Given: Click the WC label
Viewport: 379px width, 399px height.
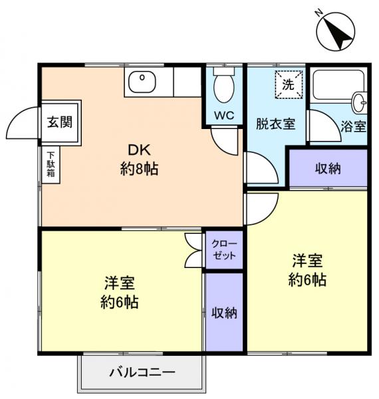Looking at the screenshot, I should (x=223, y=115).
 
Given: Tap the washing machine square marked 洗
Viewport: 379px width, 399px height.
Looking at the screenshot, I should (x=289, y=84).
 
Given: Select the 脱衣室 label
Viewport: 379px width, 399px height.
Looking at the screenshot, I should (x=276, y=124).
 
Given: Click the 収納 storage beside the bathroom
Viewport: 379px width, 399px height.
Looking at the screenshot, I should (x=327, y=168).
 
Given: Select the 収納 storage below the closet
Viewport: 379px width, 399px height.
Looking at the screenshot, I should (x=225, y=312).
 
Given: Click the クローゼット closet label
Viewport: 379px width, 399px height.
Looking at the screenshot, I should (x=225, y=250).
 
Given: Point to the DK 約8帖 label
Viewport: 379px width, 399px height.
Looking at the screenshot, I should (x=139, y=159).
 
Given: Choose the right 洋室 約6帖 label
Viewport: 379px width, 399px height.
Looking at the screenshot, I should (x=307, y=269).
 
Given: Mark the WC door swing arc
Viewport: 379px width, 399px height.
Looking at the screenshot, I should (x=224, y=140).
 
